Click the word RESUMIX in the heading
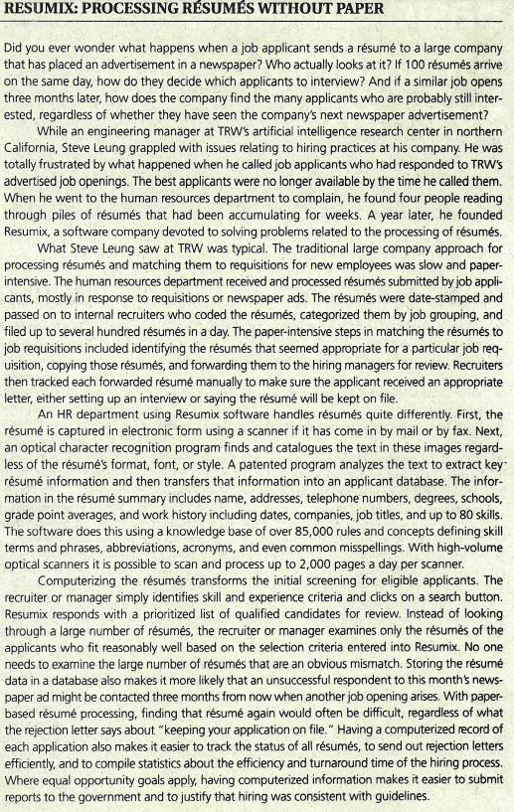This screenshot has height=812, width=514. (x=39, y=11)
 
